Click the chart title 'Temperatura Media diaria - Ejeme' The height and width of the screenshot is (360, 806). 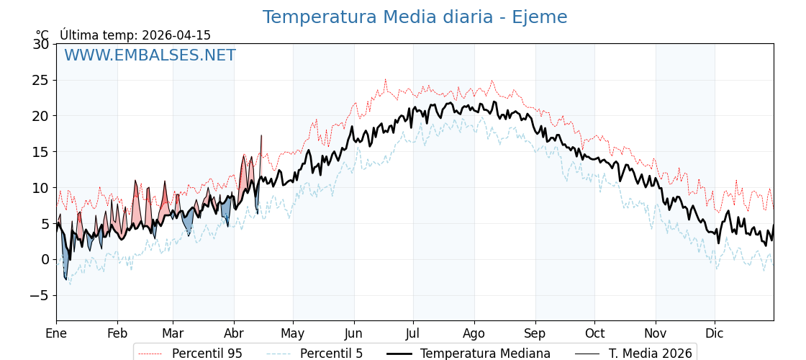point(415,17)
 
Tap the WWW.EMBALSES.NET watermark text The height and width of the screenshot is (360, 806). point(150,55)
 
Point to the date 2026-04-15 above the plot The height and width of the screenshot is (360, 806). point(176,35)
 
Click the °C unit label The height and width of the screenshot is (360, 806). point(42,35)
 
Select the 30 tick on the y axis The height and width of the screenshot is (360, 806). point(41,44)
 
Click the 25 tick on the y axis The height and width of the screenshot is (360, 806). point(41,80)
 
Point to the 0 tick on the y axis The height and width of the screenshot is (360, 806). point(45,259)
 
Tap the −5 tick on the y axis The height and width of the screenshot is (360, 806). point(37,295)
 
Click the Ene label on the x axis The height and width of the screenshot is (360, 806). point(56,333)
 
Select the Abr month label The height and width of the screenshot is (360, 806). point(234,333)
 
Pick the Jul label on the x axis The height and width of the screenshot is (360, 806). point(413,333)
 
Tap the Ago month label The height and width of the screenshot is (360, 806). point(474,333)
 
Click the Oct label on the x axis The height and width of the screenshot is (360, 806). point(594,333)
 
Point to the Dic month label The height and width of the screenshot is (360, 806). point(715,333)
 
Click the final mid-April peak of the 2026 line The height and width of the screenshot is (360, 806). point(261,135)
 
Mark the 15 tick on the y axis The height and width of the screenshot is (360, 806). point(41,152)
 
